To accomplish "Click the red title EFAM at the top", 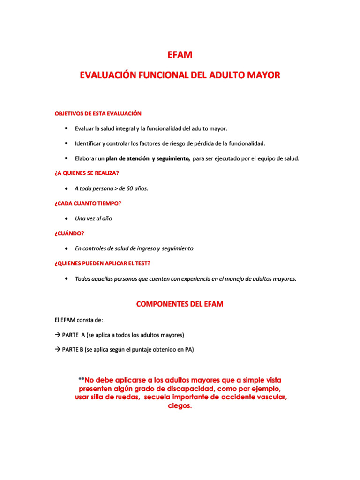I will click(180, 55).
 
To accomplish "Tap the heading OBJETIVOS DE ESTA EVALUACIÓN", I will click(97, 113).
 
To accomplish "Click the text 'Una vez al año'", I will click(93, 218).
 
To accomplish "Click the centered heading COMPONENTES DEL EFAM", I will click(180, 304).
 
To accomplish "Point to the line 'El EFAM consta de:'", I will click(78, 320).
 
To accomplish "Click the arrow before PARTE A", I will click(57, 335).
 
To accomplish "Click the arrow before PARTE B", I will click(57, 350).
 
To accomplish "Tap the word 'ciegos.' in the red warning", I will click(180, 406).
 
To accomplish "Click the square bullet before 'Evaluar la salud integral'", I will click(67, 128).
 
